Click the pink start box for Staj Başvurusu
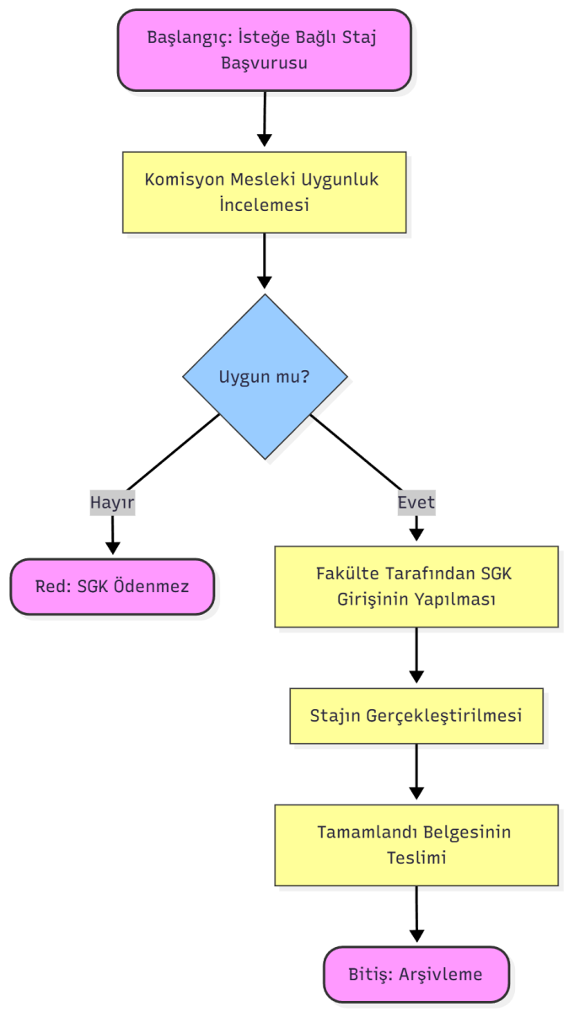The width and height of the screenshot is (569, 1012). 264,50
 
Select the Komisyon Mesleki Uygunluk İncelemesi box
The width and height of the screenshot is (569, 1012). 264,192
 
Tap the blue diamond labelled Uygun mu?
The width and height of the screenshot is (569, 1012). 265,377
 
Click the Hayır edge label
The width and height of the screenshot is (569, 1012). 112,503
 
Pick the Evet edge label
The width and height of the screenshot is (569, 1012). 416,503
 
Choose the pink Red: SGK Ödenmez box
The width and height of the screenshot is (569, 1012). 112,586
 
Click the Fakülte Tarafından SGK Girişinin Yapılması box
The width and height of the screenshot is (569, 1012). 416,586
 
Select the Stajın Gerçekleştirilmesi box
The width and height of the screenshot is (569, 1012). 416,716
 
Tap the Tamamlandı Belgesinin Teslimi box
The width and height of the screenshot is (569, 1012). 416,844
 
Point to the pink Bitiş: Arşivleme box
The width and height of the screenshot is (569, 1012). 416,974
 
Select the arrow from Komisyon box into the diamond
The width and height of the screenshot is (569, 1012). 265,261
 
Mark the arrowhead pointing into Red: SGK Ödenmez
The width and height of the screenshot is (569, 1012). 112,547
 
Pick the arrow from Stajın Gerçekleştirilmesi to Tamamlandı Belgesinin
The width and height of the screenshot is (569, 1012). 416,772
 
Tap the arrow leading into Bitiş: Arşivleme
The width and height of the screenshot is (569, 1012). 416,914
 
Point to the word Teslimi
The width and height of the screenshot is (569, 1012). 416,858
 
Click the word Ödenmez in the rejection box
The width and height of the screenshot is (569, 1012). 158,586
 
